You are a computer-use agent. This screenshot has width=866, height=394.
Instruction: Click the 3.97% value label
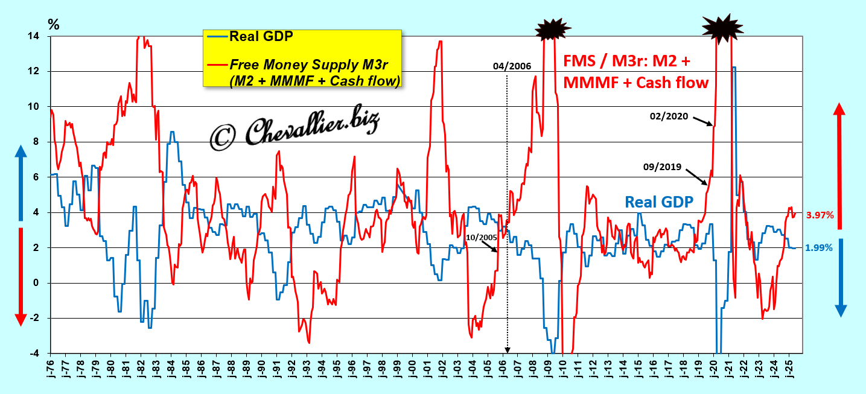pyautogui.click(x=820, y=215)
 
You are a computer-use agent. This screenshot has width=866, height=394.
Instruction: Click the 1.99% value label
pyautogui.click(x=820, y=247)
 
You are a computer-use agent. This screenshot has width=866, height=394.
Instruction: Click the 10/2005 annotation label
pyautogui.click(x=481, y=237)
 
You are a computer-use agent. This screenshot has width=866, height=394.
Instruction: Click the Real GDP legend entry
pyautogui.click(x=261, y=37)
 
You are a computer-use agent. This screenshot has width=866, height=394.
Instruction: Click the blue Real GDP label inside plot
pyautogui.click(x=658, y=202)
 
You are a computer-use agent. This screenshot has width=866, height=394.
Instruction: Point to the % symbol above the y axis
pyautogui.click(x=54, y=25)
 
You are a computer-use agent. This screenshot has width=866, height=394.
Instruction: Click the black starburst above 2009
pyautogui.click(x=553, y=28)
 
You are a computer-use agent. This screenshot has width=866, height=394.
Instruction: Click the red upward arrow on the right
pyautogui.click(x=839, y=163)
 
